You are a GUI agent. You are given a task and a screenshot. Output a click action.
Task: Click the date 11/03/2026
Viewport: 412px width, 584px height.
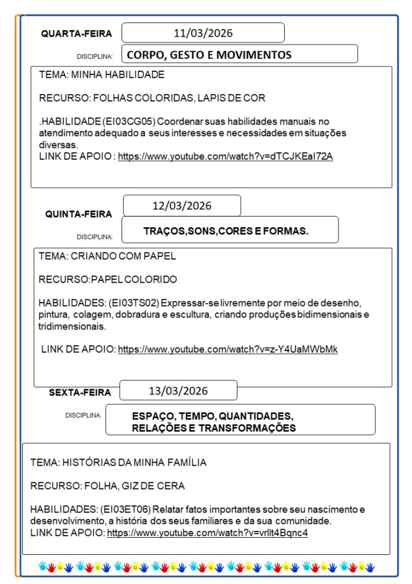click(x=203, y=33)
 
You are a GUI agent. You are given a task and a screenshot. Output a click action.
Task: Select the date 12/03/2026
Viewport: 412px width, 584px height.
click(x=182, y=206)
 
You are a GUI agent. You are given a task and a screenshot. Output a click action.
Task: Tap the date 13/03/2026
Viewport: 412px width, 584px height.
click(x=178, y=391)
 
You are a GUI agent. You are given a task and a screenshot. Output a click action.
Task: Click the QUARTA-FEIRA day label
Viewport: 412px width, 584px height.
click(x=76, y=34)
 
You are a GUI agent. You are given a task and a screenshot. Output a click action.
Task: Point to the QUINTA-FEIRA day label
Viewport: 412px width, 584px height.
click(x=79, y=214)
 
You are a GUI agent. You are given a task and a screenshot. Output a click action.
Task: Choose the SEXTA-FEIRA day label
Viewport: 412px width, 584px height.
click(x=80, y=392)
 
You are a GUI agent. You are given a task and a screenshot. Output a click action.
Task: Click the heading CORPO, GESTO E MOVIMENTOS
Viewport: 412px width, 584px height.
click(x=209, y=55)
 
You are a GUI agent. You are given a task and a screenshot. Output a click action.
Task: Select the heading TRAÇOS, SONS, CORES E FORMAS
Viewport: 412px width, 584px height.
click(x=226, y=231)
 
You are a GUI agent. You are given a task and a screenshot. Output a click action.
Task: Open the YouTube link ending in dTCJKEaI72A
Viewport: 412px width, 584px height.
click(x=225, y=156)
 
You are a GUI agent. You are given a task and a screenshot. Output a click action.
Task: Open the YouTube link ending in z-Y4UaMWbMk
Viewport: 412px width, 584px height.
click(x=227, y=349)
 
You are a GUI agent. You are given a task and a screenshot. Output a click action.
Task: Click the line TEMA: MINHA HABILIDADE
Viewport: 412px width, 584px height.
click(x=102, y=75)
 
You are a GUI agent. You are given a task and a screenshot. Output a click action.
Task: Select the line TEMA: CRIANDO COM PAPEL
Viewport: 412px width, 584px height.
click(x=107, y=256)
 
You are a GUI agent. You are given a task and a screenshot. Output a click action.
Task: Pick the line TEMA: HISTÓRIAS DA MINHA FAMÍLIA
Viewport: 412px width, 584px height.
click(x=118, y=462)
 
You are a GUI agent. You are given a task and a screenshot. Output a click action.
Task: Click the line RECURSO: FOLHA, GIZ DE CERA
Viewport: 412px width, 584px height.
click(x=107, y=486)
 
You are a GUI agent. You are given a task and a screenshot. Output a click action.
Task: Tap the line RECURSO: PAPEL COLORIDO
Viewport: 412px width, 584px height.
click(x=107, y=279)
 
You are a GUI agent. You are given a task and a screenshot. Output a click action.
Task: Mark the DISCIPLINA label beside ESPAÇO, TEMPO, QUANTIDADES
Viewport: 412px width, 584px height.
click(x=83, y=415)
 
